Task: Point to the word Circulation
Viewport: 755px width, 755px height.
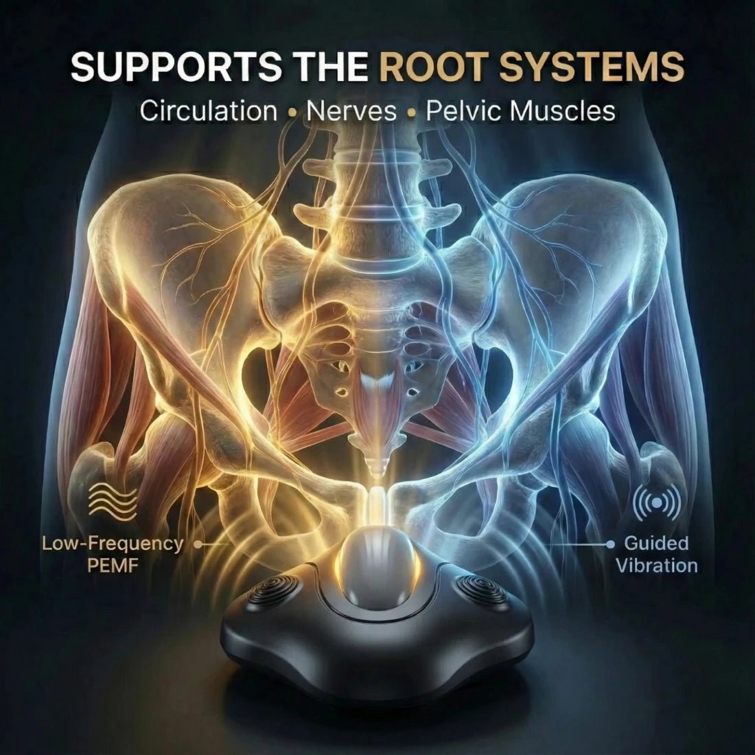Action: pos(209,111)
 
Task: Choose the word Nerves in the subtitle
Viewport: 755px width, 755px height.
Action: pos(351,111)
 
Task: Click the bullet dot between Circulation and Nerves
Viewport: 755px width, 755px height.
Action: pos(292,114)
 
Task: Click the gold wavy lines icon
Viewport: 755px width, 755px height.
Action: pos(113,502)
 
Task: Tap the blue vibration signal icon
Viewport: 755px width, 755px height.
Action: pos(657,503)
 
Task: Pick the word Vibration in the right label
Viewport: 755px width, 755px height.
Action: pos(657,566)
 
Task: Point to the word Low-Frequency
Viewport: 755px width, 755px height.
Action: pos(113,544)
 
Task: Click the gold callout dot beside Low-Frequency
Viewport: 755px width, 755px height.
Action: pos(197,544)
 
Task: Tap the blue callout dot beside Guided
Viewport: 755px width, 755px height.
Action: pos(611,544)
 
